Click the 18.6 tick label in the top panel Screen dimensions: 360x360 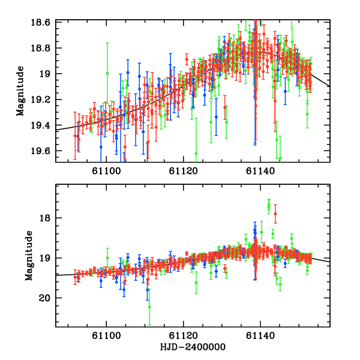[43, 22]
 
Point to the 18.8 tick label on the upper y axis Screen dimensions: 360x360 [43, 48]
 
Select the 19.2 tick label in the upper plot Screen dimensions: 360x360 [43, 100]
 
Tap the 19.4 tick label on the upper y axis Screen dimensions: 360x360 [43, 125]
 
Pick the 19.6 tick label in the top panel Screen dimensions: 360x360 [43, 151]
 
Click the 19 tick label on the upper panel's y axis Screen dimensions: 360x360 [46, 74]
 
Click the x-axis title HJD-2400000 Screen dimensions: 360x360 [193, 347]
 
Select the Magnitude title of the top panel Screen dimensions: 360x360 [20, 91]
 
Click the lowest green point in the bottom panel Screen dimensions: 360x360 [149, 307]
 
